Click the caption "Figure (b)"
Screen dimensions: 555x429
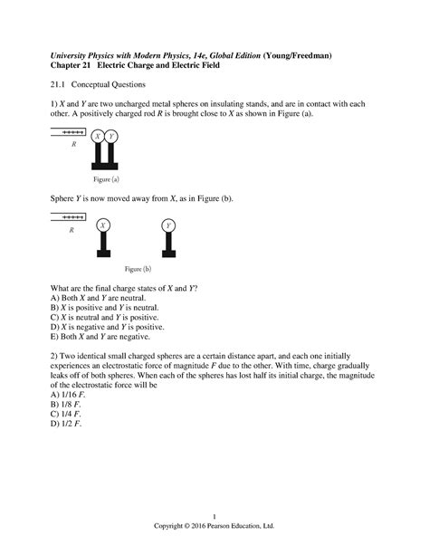(138, 269)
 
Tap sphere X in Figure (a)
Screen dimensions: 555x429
(98, 137)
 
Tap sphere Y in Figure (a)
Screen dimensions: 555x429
(111, 137)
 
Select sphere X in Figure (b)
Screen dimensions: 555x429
(104, 225)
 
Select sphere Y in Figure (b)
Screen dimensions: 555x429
(169, 225)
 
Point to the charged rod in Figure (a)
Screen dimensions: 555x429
(68, 131)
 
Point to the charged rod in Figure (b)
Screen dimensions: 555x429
(68, 217)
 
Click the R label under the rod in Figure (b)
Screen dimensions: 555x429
(70, 231)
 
